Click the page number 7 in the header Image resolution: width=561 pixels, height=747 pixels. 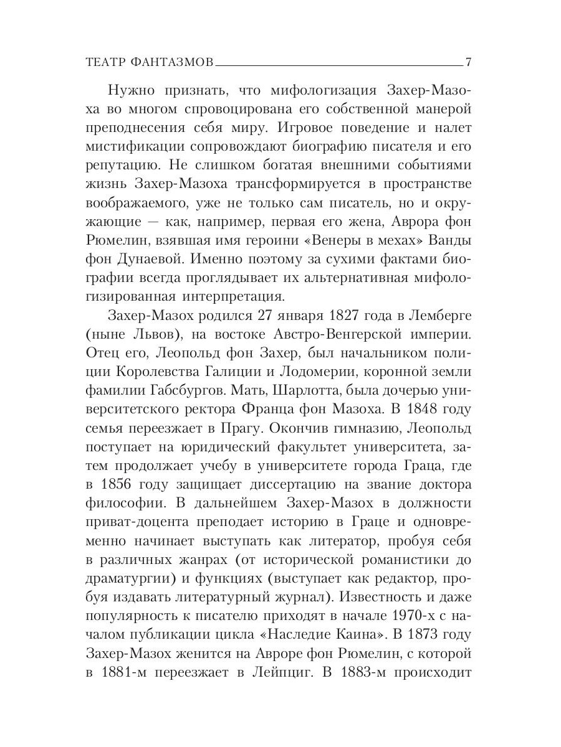[468, 62]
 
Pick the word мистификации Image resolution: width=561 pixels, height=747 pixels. [128, 150]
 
